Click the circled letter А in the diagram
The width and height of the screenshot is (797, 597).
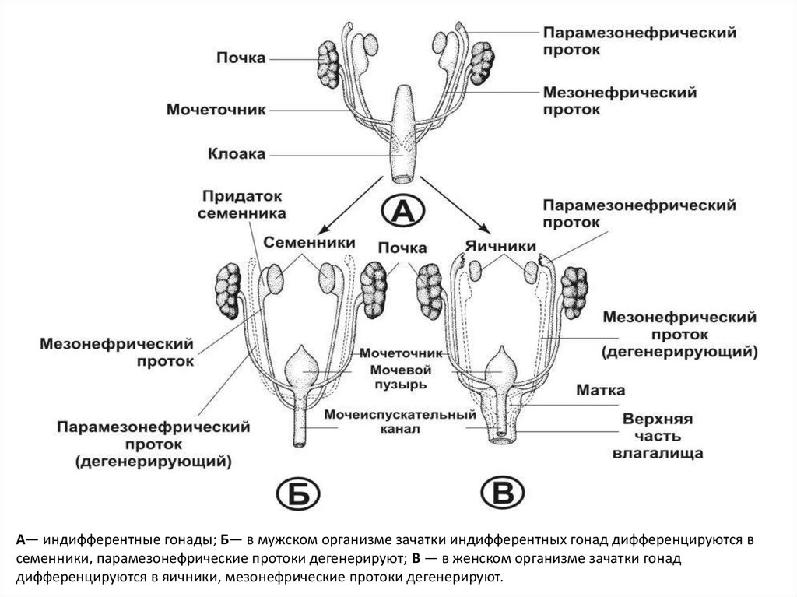403,209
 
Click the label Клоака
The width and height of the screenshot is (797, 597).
237,154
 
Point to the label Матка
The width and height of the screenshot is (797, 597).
599,389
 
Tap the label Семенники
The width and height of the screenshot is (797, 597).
309,243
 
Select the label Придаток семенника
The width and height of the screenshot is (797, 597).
242,204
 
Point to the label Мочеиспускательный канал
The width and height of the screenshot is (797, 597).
402,421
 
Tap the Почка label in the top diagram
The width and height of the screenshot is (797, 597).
241,58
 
